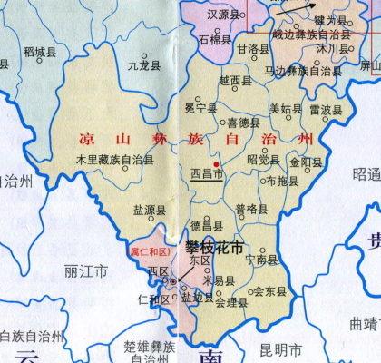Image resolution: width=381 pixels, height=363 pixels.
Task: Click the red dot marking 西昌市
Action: pyautogui.click(x=216, y=163)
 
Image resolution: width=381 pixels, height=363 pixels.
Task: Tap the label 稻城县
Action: pyautogui.click(x=40, y=53)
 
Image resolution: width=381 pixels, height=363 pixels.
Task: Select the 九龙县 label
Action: pyautogui.click(x=143, y=65)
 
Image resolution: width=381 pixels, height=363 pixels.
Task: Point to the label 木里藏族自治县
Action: pyautogui.click(x=115, y=160)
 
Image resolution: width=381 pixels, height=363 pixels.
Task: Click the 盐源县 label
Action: pyautogui.click(x=150, y=210)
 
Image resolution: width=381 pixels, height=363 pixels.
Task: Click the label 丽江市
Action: pyautogui.click(x=87, y=270)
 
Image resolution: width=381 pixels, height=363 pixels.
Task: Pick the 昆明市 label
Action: pyautogui.click(x=279, y=348)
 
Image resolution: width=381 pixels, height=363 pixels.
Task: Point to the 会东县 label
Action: pyautogui.click(x=269, y=291)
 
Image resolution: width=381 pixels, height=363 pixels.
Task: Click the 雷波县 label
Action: pyautogui.click(x=326, y=109)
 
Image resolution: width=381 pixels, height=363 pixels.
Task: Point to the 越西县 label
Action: pyautogui.click(x=235, y=81)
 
